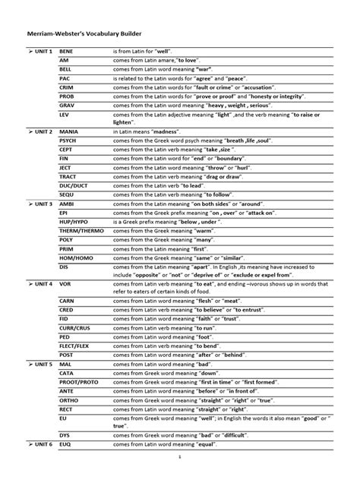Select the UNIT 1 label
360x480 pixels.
(38, 51)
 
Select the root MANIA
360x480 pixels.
(68, 132)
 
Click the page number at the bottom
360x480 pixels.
(181, 457)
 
